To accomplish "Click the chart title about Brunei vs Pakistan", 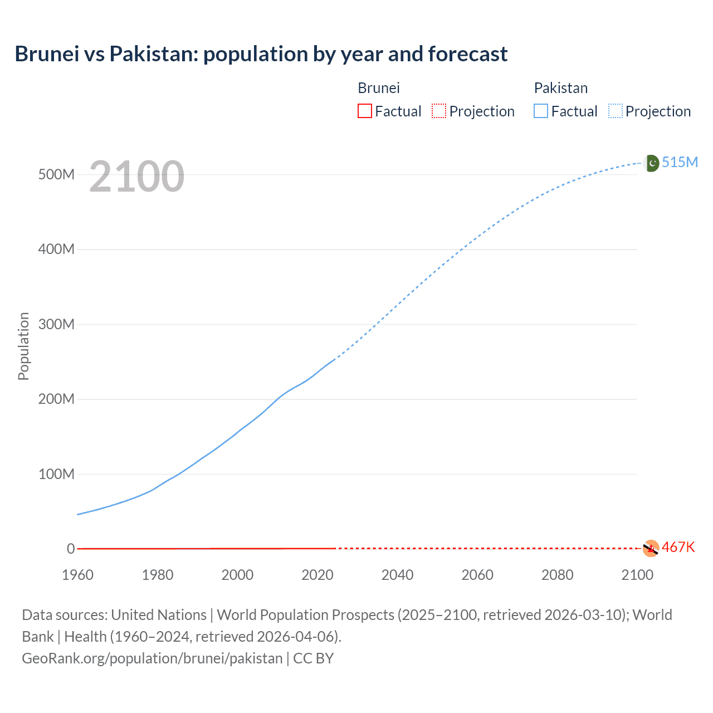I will click(261, 54).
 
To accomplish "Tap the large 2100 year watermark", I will click(136, 176).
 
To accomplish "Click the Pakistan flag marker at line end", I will click(651, 163).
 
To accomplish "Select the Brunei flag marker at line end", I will click(651, 548).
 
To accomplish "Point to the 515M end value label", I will click(680, 162).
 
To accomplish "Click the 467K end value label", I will click(678, 548).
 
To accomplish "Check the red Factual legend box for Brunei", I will click(365, 111).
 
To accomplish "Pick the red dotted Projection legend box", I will click(439, 111).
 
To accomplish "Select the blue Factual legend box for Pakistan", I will click(541, 111).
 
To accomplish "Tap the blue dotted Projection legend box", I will click(616, 111).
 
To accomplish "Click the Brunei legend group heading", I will click(379, 88).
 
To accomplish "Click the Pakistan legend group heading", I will click(561, 88).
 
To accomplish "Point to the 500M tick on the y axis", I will click(56, 174).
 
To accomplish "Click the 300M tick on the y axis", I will click(56, 324).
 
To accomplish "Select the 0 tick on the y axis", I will click(71, 549).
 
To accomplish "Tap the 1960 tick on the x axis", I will click(77, 575).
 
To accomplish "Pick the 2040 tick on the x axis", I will click(397, 575).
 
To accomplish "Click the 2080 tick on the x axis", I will click(557, 575).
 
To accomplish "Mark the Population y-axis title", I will click(23, 346).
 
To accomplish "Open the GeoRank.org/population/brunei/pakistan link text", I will click(152, 658).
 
